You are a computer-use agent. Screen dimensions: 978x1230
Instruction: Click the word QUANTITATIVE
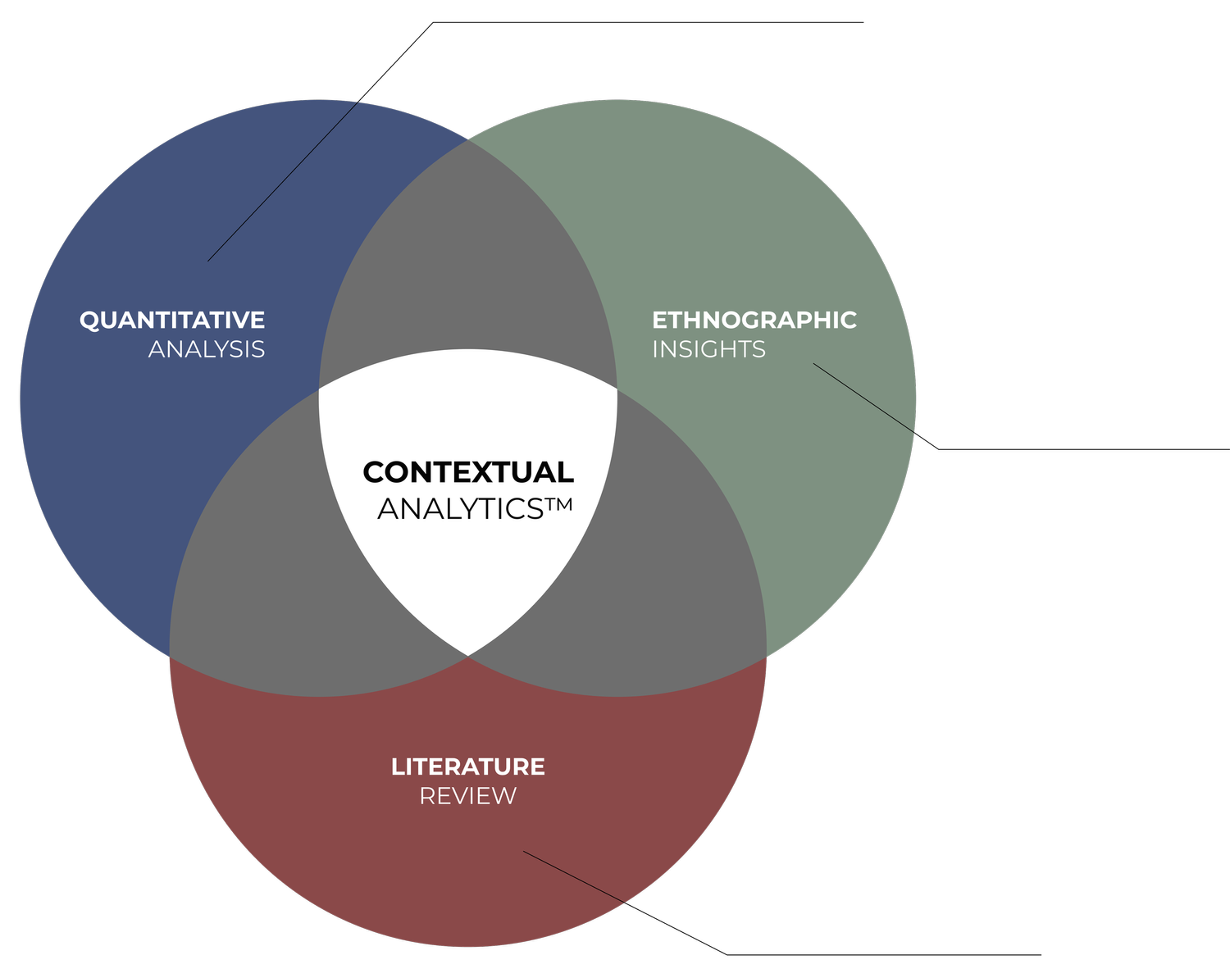172,320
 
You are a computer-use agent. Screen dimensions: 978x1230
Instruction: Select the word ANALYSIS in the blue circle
207,349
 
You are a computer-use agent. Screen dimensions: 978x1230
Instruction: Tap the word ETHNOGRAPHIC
754,320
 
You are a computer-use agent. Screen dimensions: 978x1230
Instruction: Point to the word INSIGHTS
708,349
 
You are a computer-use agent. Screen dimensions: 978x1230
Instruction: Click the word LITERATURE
467,766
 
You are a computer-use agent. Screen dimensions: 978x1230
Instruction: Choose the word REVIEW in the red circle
467,796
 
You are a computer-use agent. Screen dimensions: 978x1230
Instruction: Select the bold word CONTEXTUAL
467,472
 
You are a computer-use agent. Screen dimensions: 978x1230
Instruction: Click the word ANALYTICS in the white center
459,509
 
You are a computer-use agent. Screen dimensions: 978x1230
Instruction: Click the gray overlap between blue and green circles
467,262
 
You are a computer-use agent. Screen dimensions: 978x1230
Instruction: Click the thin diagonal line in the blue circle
283,181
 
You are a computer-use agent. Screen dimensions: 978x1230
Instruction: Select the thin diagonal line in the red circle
574,877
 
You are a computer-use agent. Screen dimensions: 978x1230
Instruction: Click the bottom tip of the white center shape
468,654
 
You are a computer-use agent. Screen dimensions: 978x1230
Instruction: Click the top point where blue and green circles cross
468,140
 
